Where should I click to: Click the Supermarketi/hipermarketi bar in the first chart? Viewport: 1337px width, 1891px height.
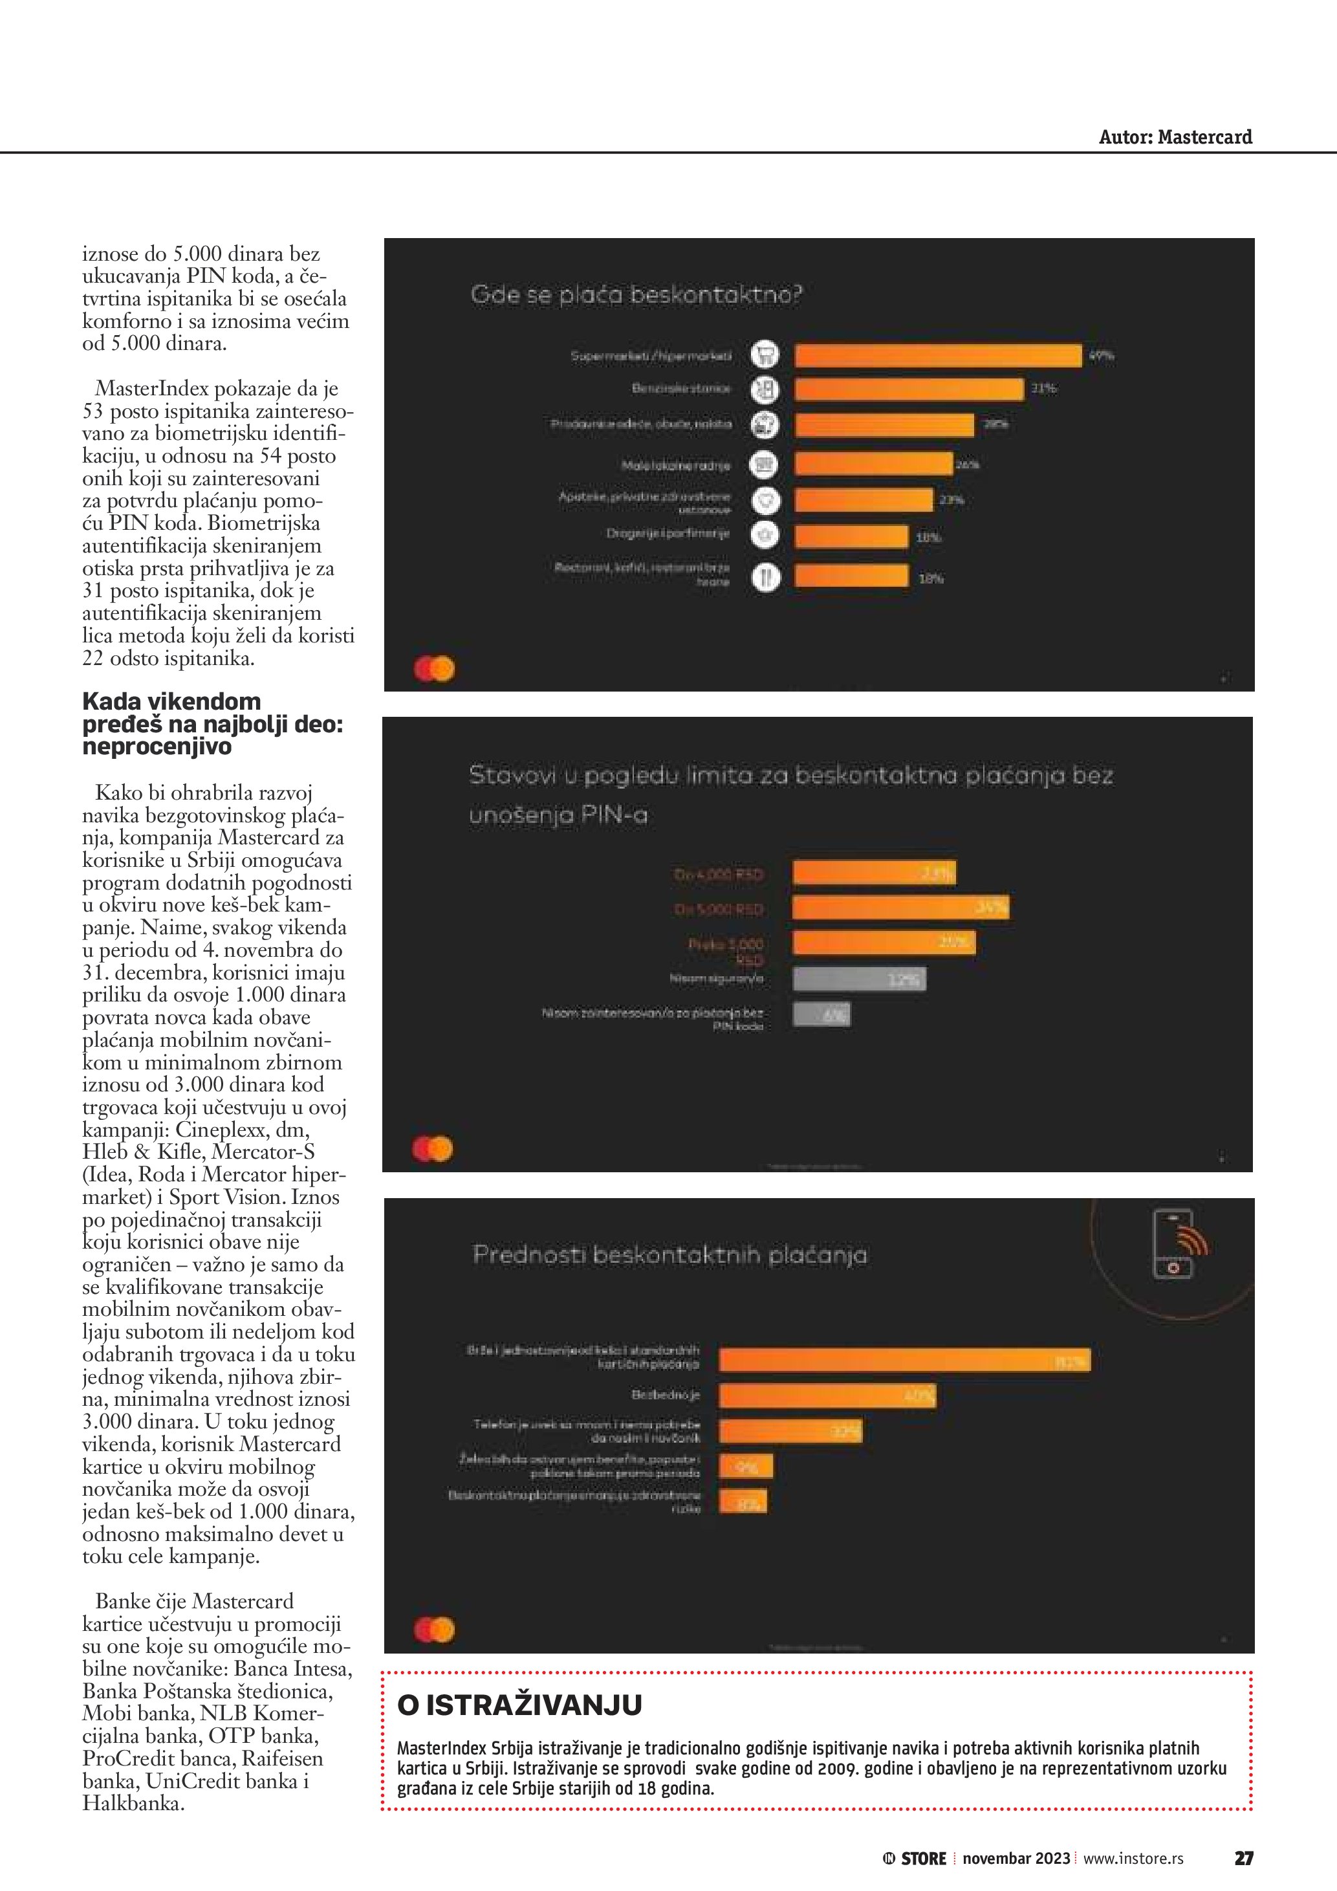[x=938, y=355]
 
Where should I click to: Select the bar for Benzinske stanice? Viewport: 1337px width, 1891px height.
[x=909, y=389]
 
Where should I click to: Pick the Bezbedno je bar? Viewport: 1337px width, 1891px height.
[x=827, y=1395]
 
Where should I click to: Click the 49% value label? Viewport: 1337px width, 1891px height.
[x=1101, y=356]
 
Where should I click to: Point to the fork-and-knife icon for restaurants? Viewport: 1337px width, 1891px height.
[x=765, y=577]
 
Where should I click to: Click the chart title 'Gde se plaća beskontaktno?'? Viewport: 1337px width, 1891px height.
[x=636, y=295]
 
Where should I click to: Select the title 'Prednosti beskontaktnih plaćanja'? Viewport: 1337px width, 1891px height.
[x=669, y=1254]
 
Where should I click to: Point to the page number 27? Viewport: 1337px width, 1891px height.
[x=1243, y=1858]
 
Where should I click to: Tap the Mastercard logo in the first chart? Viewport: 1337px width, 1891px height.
[x=435, y=669]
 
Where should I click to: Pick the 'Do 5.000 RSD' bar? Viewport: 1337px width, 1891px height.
[x=900, y=908]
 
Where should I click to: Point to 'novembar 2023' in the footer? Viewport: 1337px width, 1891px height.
[x=1016, y=1858]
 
